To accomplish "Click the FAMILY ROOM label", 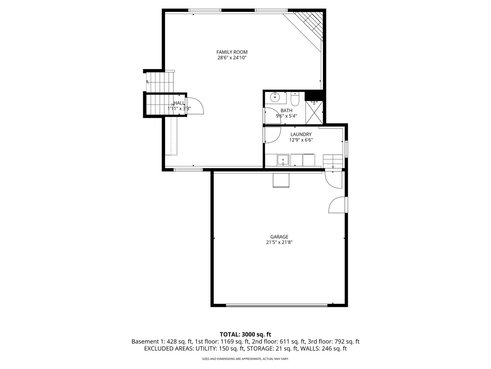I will [x=232, y=52].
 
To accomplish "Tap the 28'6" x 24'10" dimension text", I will [x=232, y=58].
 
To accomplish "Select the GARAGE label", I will [x=279, y=237].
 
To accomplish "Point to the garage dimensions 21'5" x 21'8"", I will [x=279, y=243].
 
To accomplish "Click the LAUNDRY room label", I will [x=301, y=134].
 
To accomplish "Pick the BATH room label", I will [x=286, y=110].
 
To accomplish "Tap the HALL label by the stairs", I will [x=179, y=103].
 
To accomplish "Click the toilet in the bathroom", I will [x=295, y=99].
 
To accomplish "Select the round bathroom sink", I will [x=275, y=97].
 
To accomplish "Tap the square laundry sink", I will [x=283, y=160].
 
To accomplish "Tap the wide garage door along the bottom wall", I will [x=277, y=305].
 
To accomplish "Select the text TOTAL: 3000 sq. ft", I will [x=245, y=334].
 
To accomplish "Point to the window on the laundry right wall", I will [x=346, y=149].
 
